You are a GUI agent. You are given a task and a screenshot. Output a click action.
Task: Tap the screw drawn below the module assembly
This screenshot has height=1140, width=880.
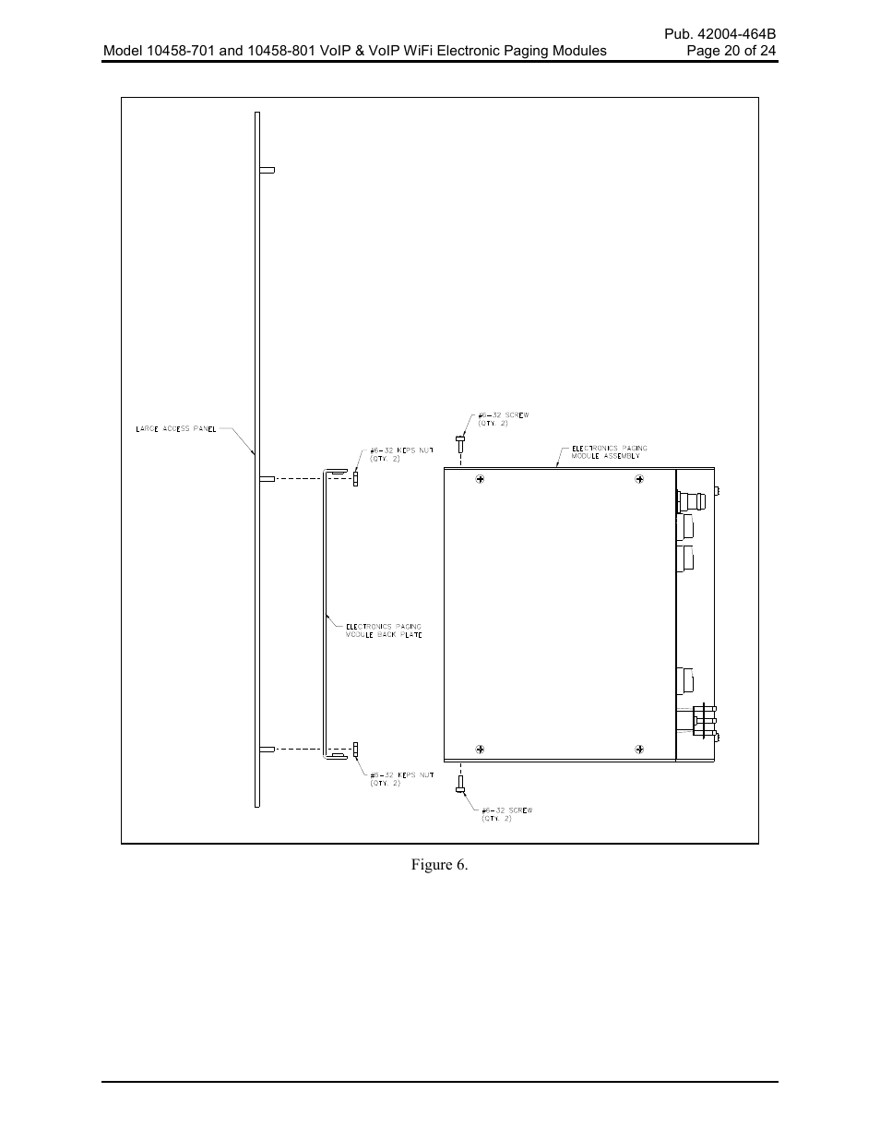[459, 785]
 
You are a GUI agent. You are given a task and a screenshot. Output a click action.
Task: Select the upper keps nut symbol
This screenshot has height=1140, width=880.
[356, 477]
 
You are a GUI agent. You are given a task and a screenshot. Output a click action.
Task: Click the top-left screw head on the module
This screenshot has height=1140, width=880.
[480, 480]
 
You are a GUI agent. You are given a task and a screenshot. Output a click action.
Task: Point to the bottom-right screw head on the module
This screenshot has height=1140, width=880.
[639, 748]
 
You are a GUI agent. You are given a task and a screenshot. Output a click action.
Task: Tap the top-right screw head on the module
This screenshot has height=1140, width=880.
[639, 480]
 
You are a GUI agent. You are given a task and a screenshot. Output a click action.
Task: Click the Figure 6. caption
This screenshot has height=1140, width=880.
[440, 865]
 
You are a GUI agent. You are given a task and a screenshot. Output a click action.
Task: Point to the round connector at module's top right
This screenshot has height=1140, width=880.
[693, 502]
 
